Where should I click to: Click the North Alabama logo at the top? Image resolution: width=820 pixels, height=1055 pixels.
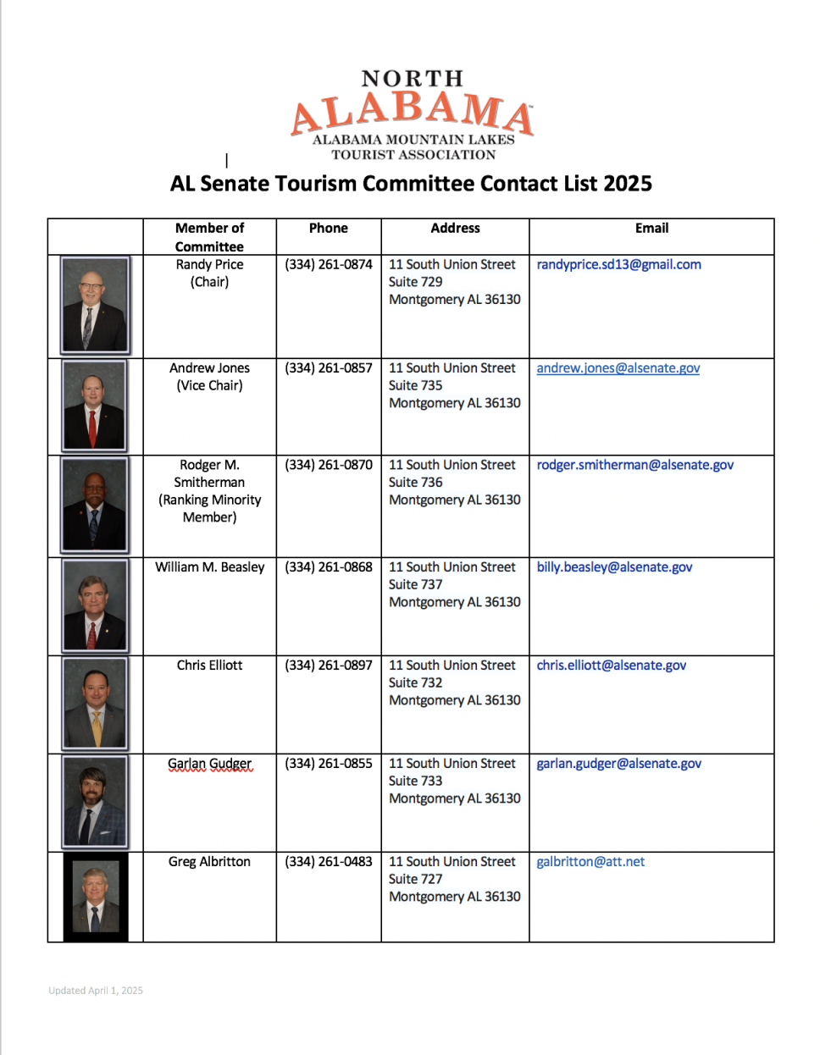412,115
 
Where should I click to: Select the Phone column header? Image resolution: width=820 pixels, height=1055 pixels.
328,228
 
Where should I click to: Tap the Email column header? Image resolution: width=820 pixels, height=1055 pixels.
651,228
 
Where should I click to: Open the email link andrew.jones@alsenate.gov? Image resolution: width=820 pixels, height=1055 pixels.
618,368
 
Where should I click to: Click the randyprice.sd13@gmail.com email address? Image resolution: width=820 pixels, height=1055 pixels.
618,264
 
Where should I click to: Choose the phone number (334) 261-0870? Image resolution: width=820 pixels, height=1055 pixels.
328,465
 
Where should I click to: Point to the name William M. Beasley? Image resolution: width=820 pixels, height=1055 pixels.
209,567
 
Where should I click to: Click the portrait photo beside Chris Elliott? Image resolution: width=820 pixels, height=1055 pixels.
95,704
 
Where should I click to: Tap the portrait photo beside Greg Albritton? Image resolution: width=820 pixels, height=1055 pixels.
95,897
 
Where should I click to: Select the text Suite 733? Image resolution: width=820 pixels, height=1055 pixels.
415,781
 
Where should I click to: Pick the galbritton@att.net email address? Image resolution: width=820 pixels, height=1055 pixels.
590,862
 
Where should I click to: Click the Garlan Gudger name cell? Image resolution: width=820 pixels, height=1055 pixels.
209,764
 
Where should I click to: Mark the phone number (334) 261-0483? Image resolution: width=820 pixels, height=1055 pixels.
328,862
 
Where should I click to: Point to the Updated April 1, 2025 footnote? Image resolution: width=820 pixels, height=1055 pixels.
96,991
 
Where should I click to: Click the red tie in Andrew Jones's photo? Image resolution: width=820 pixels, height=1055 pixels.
92,428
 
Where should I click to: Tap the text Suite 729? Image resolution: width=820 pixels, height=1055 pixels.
415,282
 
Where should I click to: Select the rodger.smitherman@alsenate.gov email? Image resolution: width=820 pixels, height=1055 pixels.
634,465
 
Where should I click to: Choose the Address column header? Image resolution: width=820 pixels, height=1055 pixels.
455,228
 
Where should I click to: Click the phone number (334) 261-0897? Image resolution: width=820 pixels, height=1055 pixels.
328,666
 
